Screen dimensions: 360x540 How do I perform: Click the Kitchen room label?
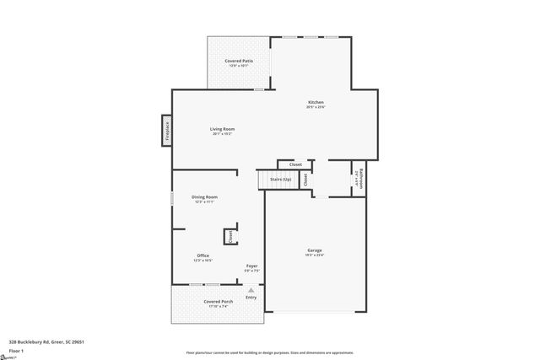click(x=315, y=102)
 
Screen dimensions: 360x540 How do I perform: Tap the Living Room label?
click(x=222, y=129)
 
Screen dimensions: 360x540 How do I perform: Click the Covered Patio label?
click(x=239, y=62)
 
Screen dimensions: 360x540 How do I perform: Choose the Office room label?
click(x=203, y=255)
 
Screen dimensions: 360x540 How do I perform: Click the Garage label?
click(x=315, y=250)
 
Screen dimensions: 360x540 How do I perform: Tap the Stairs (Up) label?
click(x=280, y=180)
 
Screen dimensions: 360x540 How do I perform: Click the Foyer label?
click(x=251, y=266)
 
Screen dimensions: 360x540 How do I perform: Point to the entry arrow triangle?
click(x=251, y=289)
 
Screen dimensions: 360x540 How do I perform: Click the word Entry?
click(x=251, y=297)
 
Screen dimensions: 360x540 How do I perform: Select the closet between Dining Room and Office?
click(x=229, y=237)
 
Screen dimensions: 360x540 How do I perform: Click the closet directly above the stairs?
click(x=295, y=164)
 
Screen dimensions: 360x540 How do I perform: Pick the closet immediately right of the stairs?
click(x=305, y=179)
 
